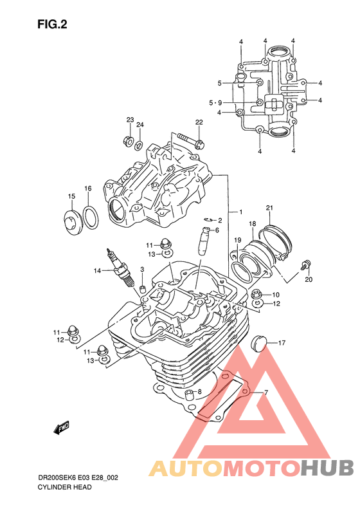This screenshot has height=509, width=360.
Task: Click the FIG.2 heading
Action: click(x=52, y=24)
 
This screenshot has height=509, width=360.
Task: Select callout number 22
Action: click(x=199, y=122)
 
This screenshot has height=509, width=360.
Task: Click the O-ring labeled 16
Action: click(x=91, y=216)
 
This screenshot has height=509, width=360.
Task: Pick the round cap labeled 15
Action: click(x=73, y=221)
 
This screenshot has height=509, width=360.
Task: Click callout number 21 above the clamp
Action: click(x=269, y=208)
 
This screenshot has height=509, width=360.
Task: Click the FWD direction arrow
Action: click(x=61, y=428)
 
